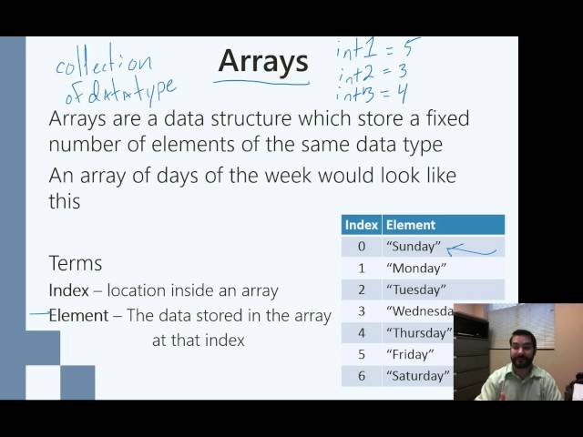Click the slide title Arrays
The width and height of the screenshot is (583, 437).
263,62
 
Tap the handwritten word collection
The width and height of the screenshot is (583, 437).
103,65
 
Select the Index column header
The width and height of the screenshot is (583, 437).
361,225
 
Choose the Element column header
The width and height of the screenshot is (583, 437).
410,225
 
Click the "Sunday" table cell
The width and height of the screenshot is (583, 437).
414,246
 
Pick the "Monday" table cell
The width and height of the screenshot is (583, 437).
416,268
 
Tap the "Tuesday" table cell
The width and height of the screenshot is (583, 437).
417,290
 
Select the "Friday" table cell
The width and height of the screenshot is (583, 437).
410,354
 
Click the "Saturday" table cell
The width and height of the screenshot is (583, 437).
417,375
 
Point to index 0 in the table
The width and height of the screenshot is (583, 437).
361,246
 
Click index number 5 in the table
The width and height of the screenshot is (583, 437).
361,354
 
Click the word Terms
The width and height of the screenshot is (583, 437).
76,263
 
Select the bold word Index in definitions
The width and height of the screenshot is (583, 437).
69,290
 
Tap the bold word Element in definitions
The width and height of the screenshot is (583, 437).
77,316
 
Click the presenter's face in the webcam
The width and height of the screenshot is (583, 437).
511,351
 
